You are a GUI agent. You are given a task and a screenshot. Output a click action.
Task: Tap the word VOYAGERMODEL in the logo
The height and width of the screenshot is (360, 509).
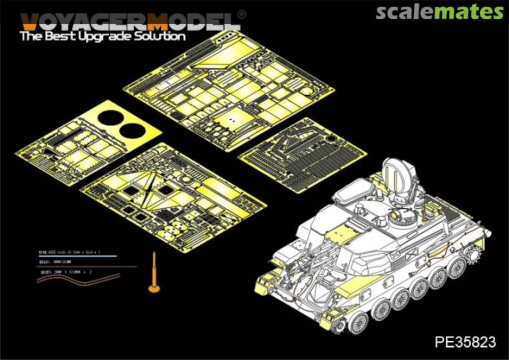tap(130, 22)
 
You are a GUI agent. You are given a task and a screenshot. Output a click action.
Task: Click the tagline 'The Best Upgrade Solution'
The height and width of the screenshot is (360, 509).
tap(103, 36)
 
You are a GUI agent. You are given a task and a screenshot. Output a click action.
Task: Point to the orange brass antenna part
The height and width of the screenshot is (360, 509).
tap(154, 273)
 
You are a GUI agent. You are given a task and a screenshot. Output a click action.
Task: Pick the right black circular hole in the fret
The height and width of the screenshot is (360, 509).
tap(132, 131)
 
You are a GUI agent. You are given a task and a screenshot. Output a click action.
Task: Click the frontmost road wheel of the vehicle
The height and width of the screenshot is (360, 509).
tap(357, 323)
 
